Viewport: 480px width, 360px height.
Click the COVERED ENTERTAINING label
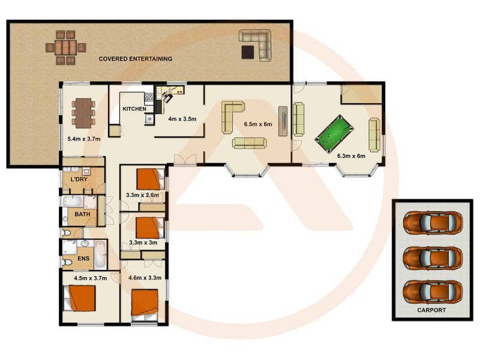(x=136, y=59)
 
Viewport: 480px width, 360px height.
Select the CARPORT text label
(x=431, y=310)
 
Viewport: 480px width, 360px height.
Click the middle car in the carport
(x=432, y=257)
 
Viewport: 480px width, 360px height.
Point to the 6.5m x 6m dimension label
(x=258, y=125)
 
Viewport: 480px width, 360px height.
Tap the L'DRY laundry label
(x=80, y=180)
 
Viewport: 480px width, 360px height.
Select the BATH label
(x=82, y=214)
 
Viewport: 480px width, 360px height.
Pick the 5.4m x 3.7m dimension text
(x=83, y=139)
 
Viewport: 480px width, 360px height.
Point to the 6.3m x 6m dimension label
(x=351, y=156)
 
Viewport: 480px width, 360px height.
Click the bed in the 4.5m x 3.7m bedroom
(x=82, y=297)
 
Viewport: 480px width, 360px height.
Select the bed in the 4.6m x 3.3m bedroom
(x=145, y=302)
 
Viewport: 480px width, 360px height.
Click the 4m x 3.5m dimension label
(x=182, y=119)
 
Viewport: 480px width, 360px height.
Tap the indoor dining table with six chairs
(x=83, y=113)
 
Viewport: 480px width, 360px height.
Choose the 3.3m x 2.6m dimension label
(x=143, y=195)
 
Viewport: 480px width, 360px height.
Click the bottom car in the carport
(x=432, y=290)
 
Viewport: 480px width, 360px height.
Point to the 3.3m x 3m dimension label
(x=143, y=244)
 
